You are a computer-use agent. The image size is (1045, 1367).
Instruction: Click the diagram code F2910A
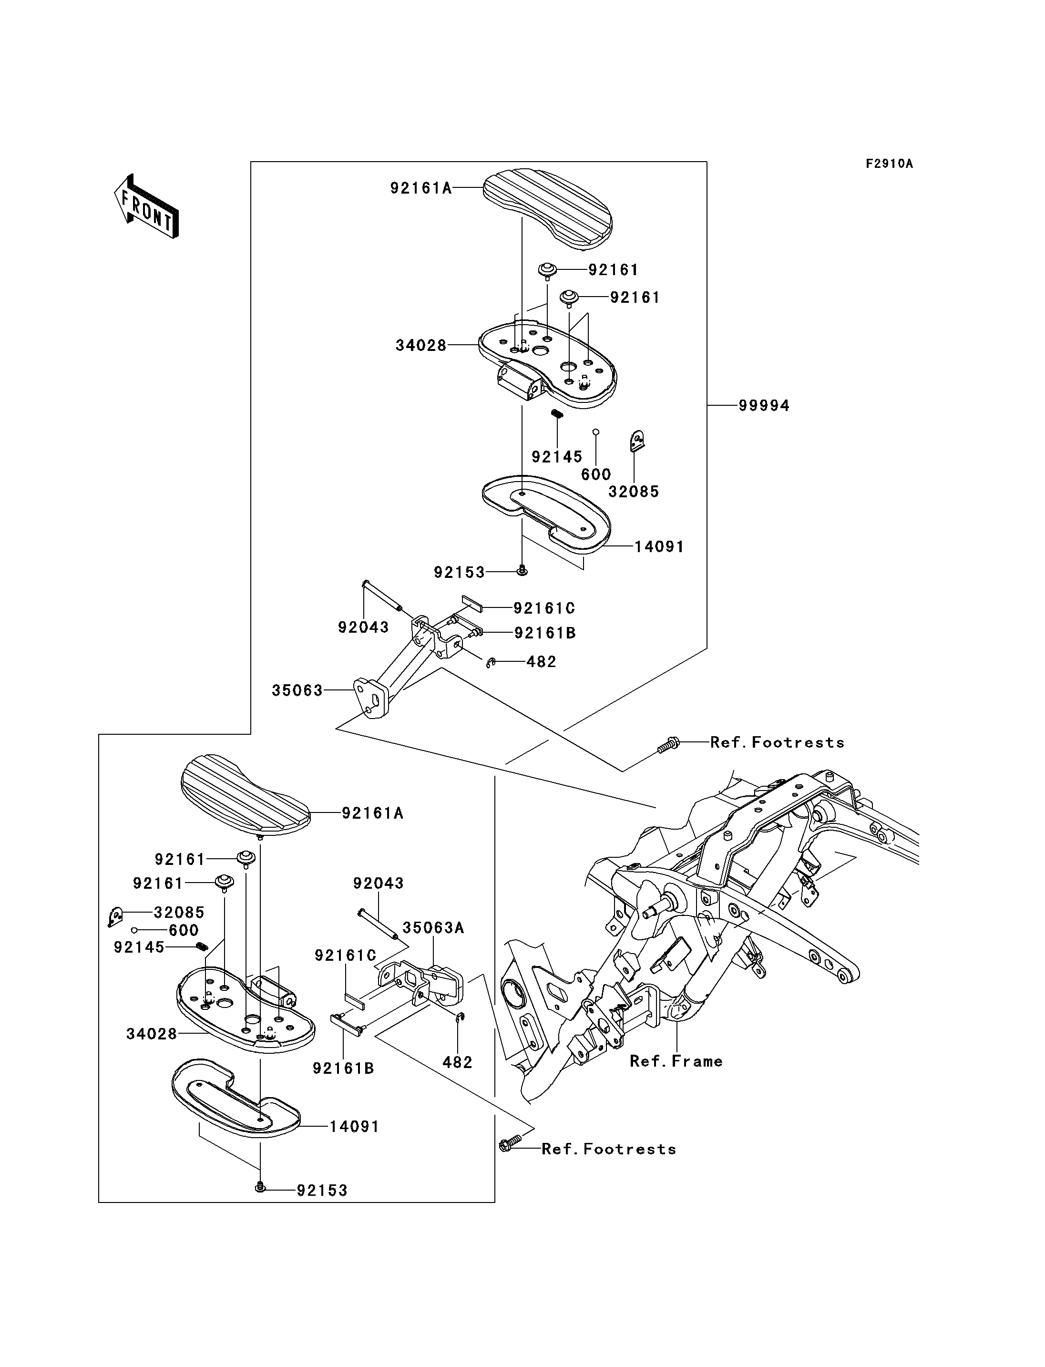(x=890, y=164)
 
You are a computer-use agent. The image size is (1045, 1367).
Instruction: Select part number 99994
(x=764, y=406)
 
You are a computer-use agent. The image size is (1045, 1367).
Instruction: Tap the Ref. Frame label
(x=676, y=1061)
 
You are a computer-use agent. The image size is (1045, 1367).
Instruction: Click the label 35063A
(x=433, y=928)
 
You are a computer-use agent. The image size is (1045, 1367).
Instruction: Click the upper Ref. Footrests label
(x=778, y=742)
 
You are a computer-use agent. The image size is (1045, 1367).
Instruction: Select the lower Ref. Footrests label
(x=609, y=1149)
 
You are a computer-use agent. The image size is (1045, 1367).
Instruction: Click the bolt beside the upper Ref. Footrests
(x=669, y=744)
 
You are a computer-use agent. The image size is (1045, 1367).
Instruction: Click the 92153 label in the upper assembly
(x=459, y=573)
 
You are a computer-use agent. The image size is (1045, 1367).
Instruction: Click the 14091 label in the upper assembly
(x=659, y=547)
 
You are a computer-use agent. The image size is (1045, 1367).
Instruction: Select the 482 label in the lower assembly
(x=458, y=1063)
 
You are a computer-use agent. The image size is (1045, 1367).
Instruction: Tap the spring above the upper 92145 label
(x=557, y=414)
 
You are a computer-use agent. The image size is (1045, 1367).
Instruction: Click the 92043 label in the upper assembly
(x=363, y=627)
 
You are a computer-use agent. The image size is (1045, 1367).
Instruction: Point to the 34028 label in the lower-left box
(x=152, y=1034)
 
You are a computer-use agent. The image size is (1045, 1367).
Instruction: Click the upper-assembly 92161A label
(x=421, y=188)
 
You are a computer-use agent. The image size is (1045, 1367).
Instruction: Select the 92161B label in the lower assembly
(x=343, y=1069)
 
